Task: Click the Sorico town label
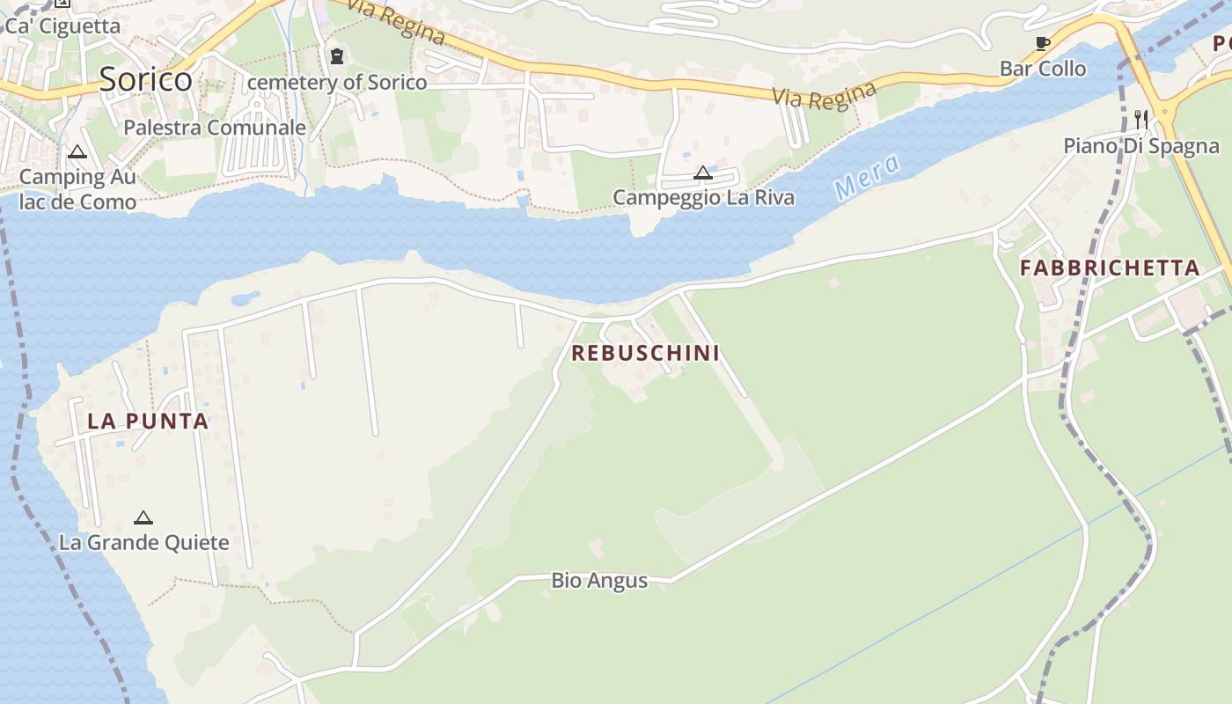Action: pyautogui.click(x=145, y=79)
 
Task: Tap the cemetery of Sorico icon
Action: pyautogui.click(x=336, y=57)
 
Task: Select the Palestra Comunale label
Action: pyautogui.click(x=215, y=128)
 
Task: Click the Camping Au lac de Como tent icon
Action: pyautogui.click(x=77, y=152)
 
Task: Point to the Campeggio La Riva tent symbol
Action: pyautogui.click(x=702, y=172)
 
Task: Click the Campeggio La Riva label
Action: pyautogui.click(x=703, y=197)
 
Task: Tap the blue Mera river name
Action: pyautogui.click(x=868, y=176)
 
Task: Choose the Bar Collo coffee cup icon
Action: pyautogui.click(x=1043, y=44)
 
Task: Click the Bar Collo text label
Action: pyautogui.click(x=1043, y=69)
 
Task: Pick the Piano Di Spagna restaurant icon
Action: pyautogui.click(x=1141, y=120)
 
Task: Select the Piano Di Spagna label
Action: pyautogui.click(x=1141, y=146)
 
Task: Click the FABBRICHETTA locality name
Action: pyautogui.click(x=1110, y=268)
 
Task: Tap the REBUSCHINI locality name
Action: pyautogui.click(x=645, y=353)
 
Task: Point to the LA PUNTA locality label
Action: pyautogui.click(x=148, y=422)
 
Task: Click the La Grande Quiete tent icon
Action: pyautogui.click(x=143, y=517)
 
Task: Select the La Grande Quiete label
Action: pyautogui.click(x=143, y=542)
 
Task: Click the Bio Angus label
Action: pyautogui.click(x=599, y=581)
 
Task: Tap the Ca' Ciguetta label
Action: pyautogui.click(x=62, y=26)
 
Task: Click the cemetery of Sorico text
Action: pyautogui.click(x=337, y=83)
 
